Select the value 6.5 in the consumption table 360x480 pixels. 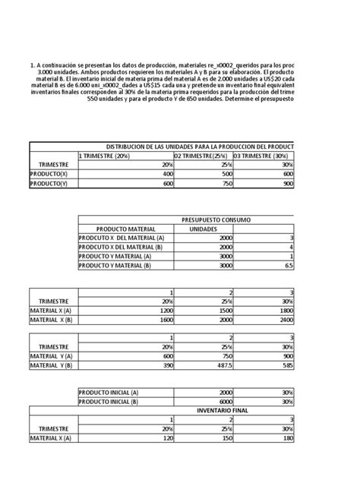(x=288, y=267)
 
